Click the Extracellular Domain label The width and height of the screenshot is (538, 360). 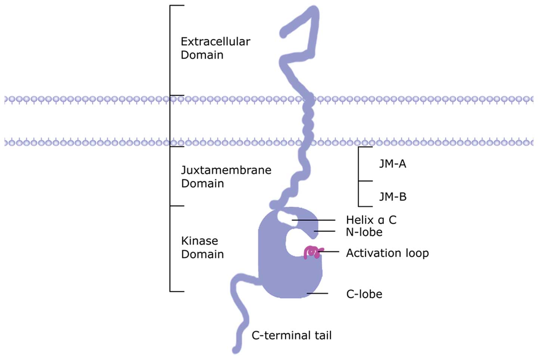click(x=215, y=48)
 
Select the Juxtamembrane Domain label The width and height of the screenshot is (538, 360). click(x=226, y=176)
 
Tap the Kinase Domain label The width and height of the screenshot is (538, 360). click(x=202, y=247)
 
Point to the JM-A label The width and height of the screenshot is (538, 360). click(x=392, y=164)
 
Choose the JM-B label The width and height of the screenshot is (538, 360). click(x=392, y=197)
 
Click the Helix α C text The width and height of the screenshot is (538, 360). click(x=371, y=220)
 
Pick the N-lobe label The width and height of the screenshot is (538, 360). click(x=364, y=232)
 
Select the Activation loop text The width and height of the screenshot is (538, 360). click(x=387, y=253)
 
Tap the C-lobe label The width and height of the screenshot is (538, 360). click(x=364, y=294)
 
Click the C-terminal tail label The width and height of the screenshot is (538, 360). click(x=291, y=335)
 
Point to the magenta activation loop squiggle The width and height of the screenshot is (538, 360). click(x=311, y=252)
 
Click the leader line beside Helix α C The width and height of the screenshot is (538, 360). click(x=314, y=220)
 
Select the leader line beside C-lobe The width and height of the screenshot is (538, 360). click(x=317, y=294)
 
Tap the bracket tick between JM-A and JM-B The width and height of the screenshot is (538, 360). click(x=366, y=181)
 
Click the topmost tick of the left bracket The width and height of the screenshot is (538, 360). click(x=177, y=6)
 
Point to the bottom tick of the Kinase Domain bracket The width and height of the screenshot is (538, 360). click(x=177, y=291)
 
